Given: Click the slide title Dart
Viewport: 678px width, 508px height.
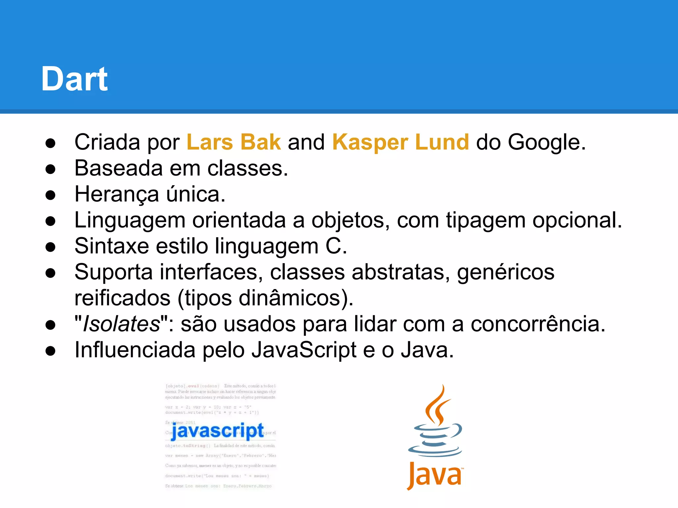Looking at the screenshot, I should point(74,79).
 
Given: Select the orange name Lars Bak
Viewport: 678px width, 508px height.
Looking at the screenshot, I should point(234,142).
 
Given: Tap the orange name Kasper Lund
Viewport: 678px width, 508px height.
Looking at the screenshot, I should point(401,142).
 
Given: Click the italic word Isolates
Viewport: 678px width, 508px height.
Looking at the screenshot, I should point(121,324).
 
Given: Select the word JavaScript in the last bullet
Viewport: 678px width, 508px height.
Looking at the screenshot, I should point(304,350).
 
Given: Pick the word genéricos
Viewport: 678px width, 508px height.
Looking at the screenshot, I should point(506,272).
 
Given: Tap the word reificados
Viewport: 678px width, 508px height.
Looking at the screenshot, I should point(122,298).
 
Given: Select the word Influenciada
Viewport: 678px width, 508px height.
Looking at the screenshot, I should point(135,350).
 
